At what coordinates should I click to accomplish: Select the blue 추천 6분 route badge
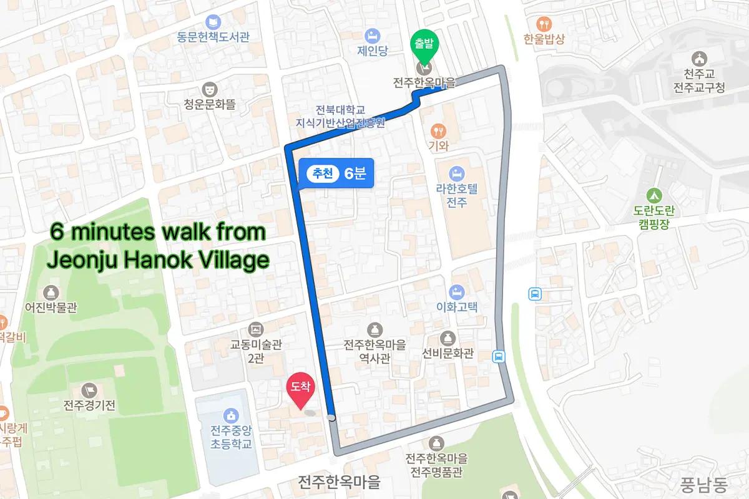[x=336, y=174]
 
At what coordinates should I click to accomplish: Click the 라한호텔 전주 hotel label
[x=456, y=197]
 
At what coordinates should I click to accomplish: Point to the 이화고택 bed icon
[x=457, y=291]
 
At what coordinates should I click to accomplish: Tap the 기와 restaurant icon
[x=439, y=130]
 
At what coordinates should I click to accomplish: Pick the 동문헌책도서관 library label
[x=213, y=37]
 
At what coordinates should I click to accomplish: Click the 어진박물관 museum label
[x=51, y=307]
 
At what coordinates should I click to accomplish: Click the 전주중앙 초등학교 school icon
[x=231, y=415]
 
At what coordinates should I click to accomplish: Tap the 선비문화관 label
[x=448, y=354]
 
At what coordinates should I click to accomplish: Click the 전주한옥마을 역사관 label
[x=374, y=351]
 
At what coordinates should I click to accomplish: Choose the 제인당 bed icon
[x=373, y=34]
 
